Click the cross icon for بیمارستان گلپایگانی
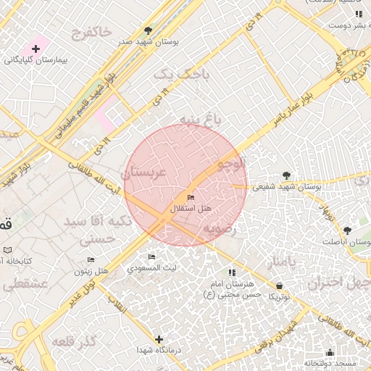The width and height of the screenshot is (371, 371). click(x=36, y=48)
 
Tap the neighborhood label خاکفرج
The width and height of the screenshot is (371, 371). click(x=92, y=32)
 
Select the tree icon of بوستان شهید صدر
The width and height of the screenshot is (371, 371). click(x=149, y=30)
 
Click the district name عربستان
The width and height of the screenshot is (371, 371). click(x=144, y=173)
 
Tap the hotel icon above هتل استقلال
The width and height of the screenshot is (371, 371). click(x=191, y=198)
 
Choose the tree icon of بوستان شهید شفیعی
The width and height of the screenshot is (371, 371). click(x=286, y=175)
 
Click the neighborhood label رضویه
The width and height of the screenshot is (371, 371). click(x=220, y=228)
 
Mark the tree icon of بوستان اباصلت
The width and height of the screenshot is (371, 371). click(x=347, y=230)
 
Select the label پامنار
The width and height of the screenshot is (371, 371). click(x=280, y=262)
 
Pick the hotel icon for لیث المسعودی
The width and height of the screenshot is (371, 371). click(x=151, y=257)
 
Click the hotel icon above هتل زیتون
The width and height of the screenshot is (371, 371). click(x=91, y=260)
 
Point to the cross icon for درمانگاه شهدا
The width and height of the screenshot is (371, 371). click(x=159, y=339)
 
